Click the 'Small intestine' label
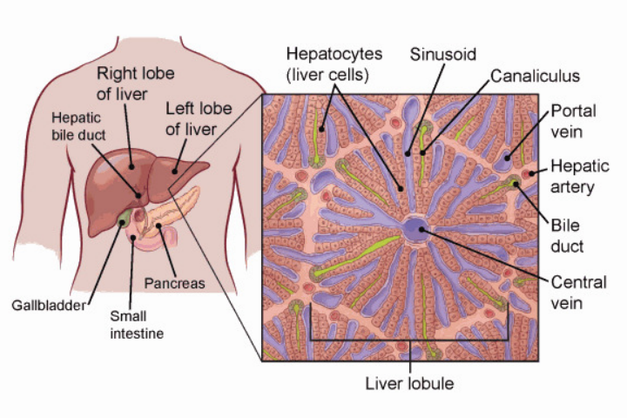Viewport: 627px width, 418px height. (137, 324)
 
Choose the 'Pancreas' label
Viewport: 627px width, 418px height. (174, 284)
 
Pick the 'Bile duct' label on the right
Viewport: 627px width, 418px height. (566, 234)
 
